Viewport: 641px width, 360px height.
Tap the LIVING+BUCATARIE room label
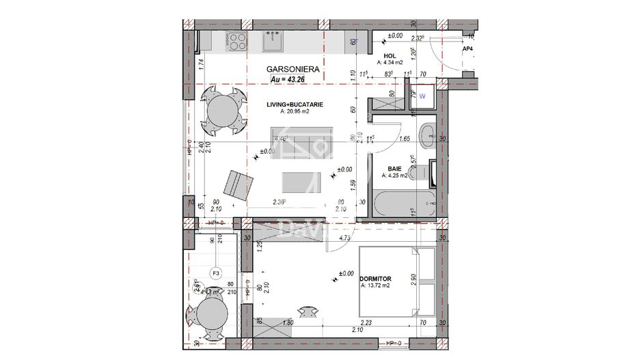295,105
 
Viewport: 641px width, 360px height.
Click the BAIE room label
395,167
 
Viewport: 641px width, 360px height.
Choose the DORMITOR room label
374,278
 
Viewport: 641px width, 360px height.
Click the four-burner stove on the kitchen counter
236,42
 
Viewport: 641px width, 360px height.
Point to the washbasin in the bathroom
428,132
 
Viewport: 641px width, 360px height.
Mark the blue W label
422,96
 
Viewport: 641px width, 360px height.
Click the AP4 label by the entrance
468,50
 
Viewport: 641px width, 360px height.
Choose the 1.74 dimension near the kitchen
201,64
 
